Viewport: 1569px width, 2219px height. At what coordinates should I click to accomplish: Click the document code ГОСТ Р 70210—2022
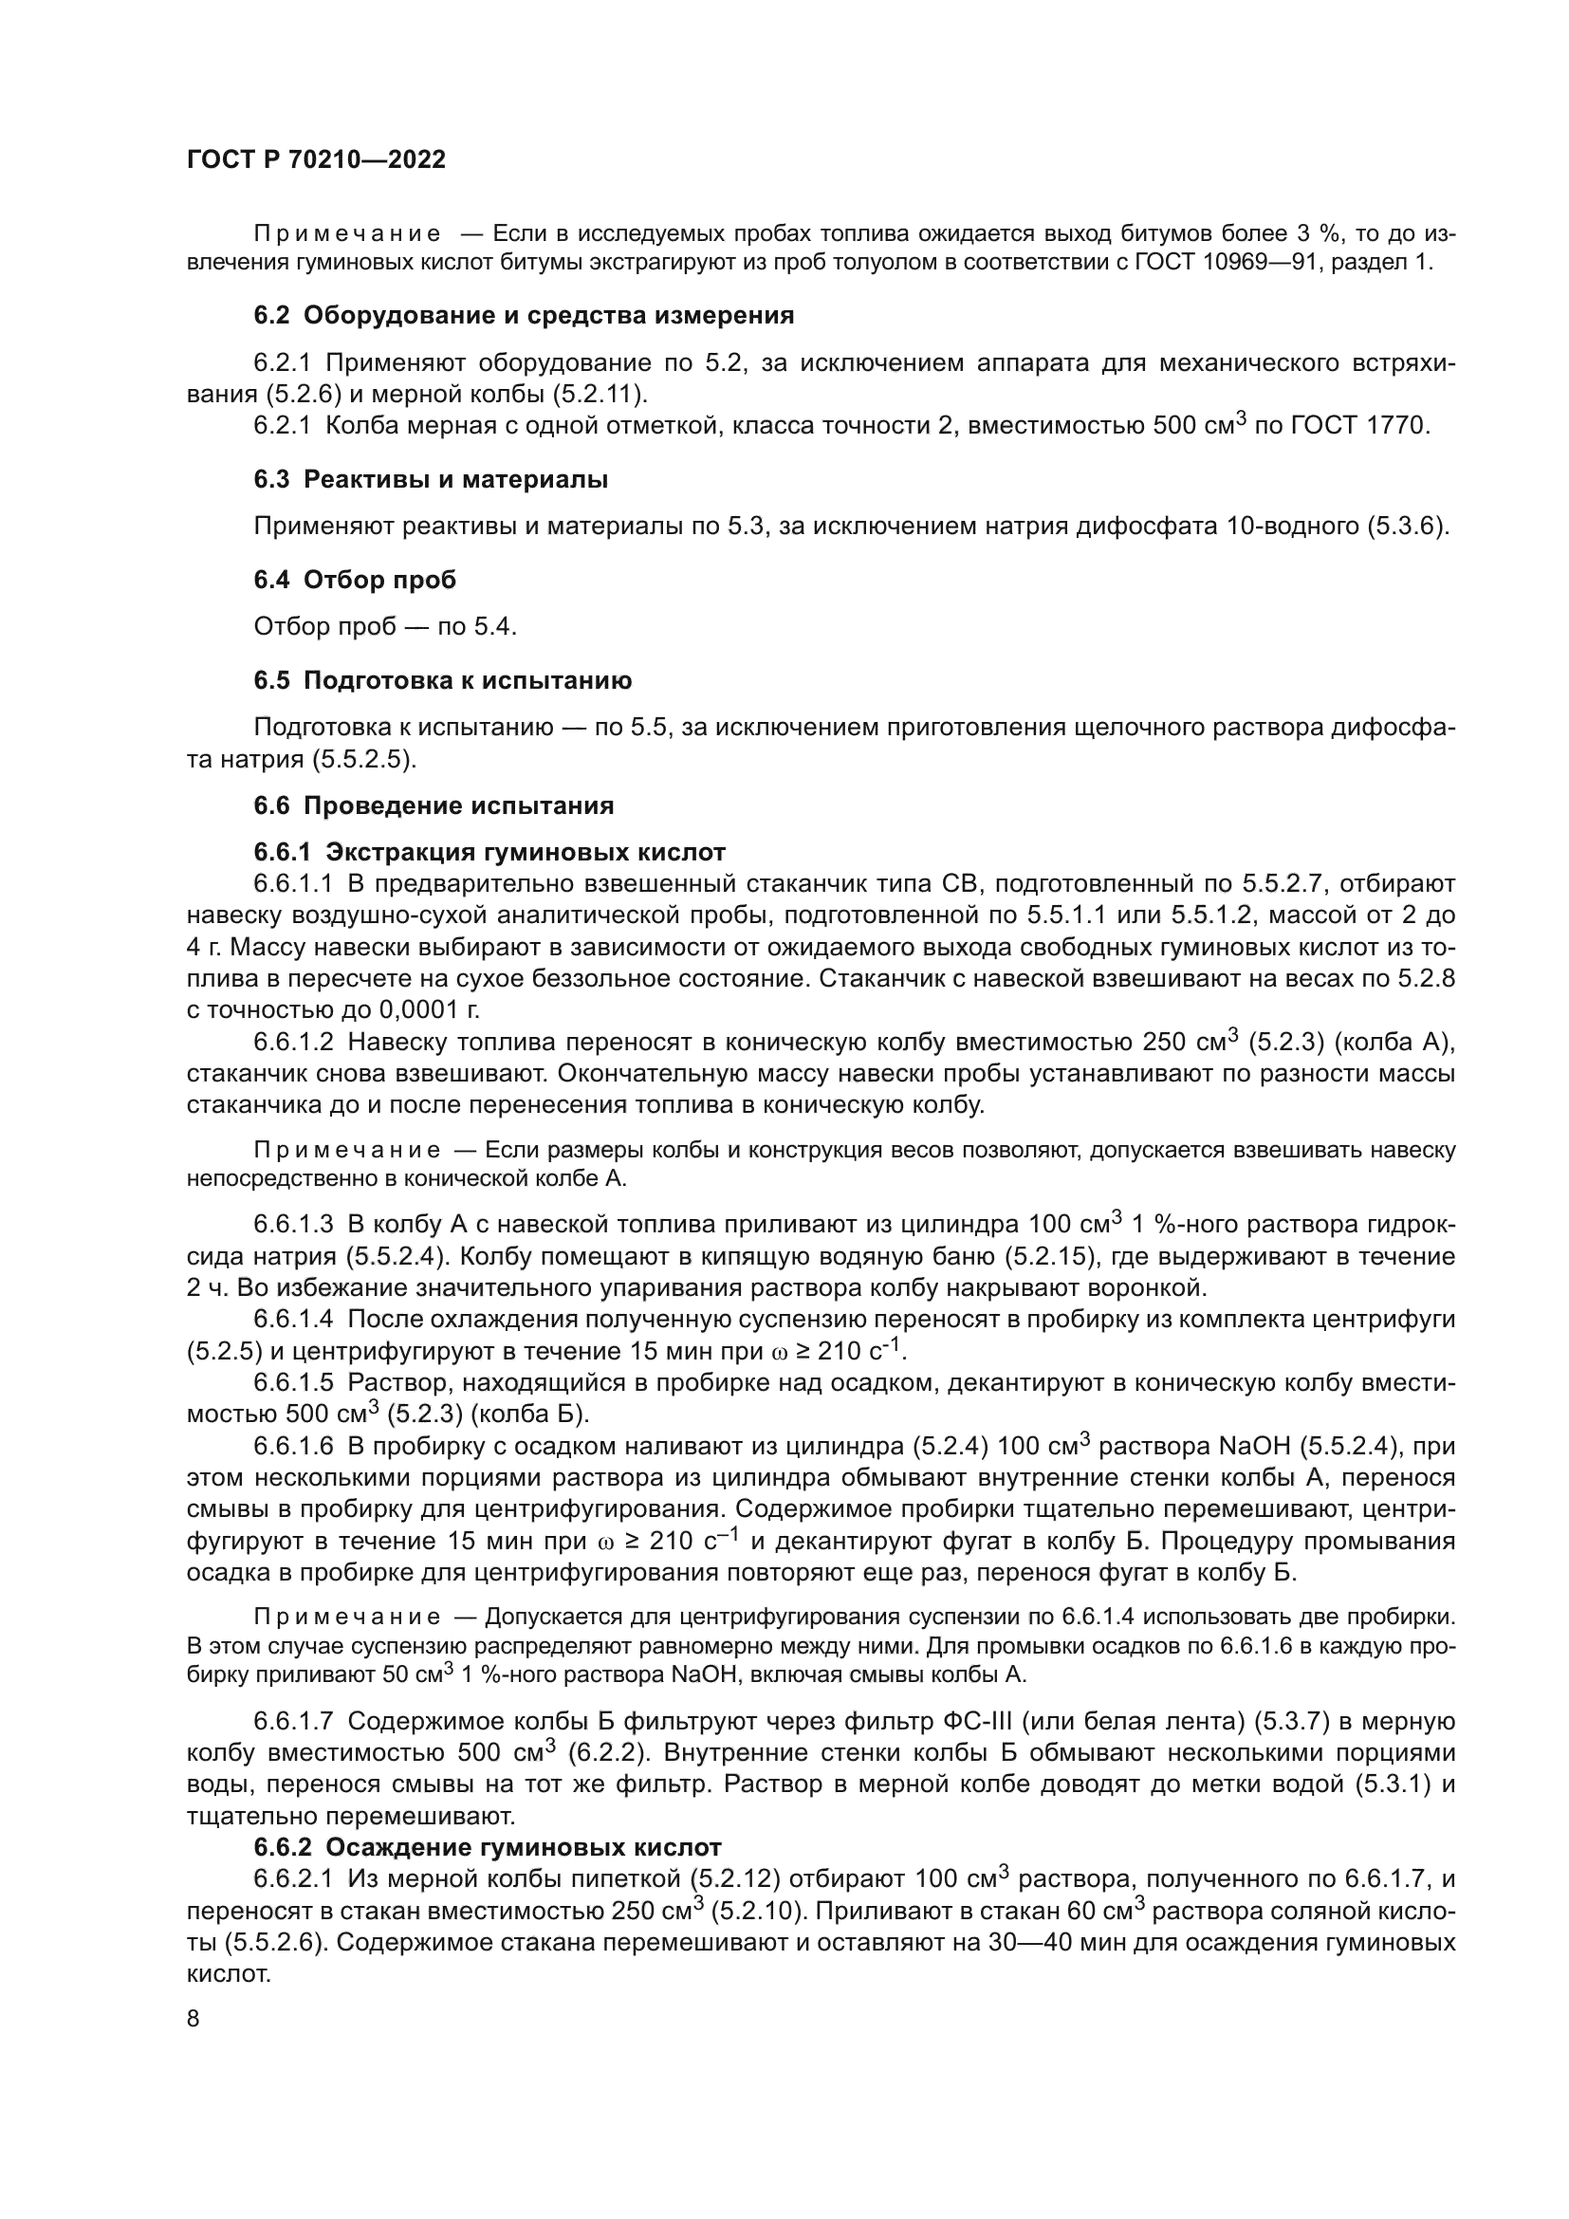pyautogui.click(x=316, y=160)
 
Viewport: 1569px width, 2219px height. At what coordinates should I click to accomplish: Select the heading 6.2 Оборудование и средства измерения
pyautogui.click(x=524, y=315)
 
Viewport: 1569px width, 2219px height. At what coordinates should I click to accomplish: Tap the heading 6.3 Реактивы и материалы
pyautogui.click(x=431, y=479)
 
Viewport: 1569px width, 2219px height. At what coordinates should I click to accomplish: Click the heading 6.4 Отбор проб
pyautogui.click(x=355, y=580)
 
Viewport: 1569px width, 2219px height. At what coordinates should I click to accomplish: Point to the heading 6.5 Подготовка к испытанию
pyautogui.click(x=442, y=680)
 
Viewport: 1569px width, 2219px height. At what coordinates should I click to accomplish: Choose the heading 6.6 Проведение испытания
pyautogui.click(x=434, y=805)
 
